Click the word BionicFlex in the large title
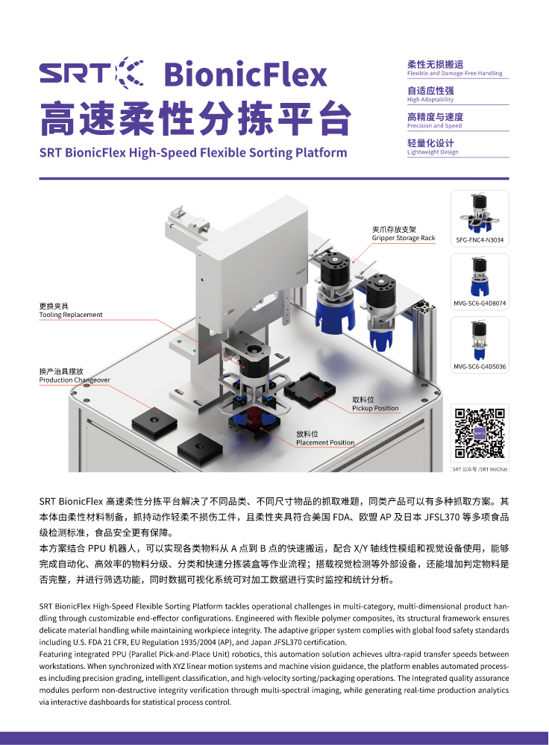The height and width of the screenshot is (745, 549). [245, 75]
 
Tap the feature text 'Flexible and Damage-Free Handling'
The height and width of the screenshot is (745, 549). [454, 73]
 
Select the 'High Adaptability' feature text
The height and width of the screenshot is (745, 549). [430, 100]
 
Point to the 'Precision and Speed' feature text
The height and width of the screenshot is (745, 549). [434, 126]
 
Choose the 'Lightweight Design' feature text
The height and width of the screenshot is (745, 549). [433, 152]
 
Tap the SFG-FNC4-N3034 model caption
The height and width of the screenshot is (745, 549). [480, 240]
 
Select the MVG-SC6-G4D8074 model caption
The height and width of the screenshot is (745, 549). [480, 303]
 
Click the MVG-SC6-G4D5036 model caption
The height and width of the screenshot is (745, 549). [480, 366]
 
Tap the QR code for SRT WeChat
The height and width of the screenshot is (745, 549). [480, 433]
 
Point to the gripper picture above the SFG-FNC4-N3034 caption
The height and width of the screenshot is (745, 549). [479, 213]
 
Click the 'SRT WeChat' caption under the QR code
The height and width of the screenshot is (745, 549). [480, 469]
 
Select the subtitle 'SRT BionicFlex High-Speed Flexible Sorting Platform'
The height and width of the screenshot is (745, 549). [193, 153]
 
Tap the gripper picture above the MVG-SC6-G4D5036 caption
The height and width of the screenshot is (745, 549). [479, 341]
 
